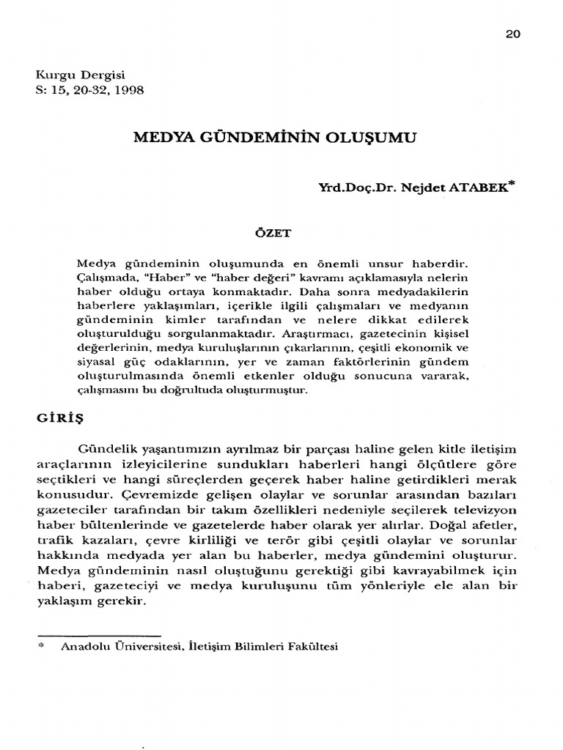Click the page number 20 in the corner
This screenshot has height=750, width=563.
click(x=512, y=34)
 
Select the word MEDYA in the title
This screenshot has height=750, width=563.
click(x=157, y=137)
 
